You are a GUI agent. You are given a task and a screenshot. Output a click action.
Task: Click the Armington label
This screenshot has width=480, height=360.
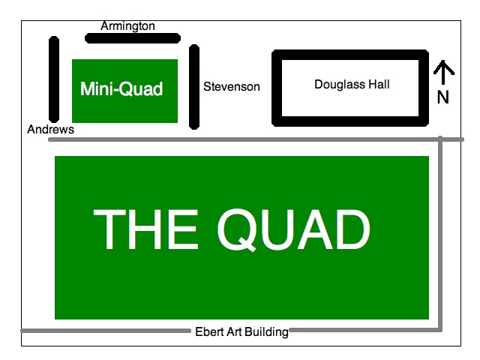[127, 26]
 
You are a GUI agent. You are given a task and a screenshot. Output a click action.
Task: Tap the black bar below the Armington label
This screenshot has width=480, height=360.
[131, 37]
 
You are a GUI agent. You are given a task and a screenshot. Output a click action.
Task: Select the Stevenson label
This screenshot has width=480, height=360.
[232, 87]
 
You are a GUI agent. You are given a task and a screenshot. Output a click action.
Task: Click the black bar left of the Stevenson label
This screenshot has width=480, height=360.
[194, 86]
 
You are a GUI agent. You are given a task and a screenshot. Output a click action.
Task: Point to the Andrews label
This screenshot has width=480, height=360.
[51, 130]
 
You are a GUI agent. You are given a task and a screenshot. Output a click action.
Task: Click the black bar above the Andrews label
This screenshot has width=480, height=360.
[54, 79]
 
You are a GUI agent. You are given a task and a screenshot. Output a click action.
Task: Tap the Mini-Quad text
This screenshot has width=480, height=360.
[121, 89]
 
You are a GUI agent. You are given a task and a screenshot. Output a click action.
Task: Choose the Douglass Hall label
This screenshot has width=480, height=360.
[352, 85]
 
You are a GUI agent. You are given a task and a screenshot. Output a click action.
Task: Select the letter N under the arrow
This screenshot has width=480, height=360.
[443, 97]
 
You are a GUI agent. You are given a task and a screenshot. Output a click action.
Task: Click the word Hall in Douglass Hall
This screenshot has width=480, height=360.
[378, 85]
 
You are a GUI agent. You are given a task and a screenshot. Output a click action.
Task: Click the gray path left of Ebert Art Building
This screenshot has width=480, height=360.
[105, 330]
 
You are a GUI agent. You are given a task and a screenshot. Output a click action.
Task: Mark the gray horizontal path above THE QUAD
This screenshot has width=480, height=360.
[247, 139]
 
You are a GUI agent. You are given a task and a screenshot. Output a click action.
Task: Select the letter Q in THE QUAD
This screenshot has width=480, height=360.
[239, 229]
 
